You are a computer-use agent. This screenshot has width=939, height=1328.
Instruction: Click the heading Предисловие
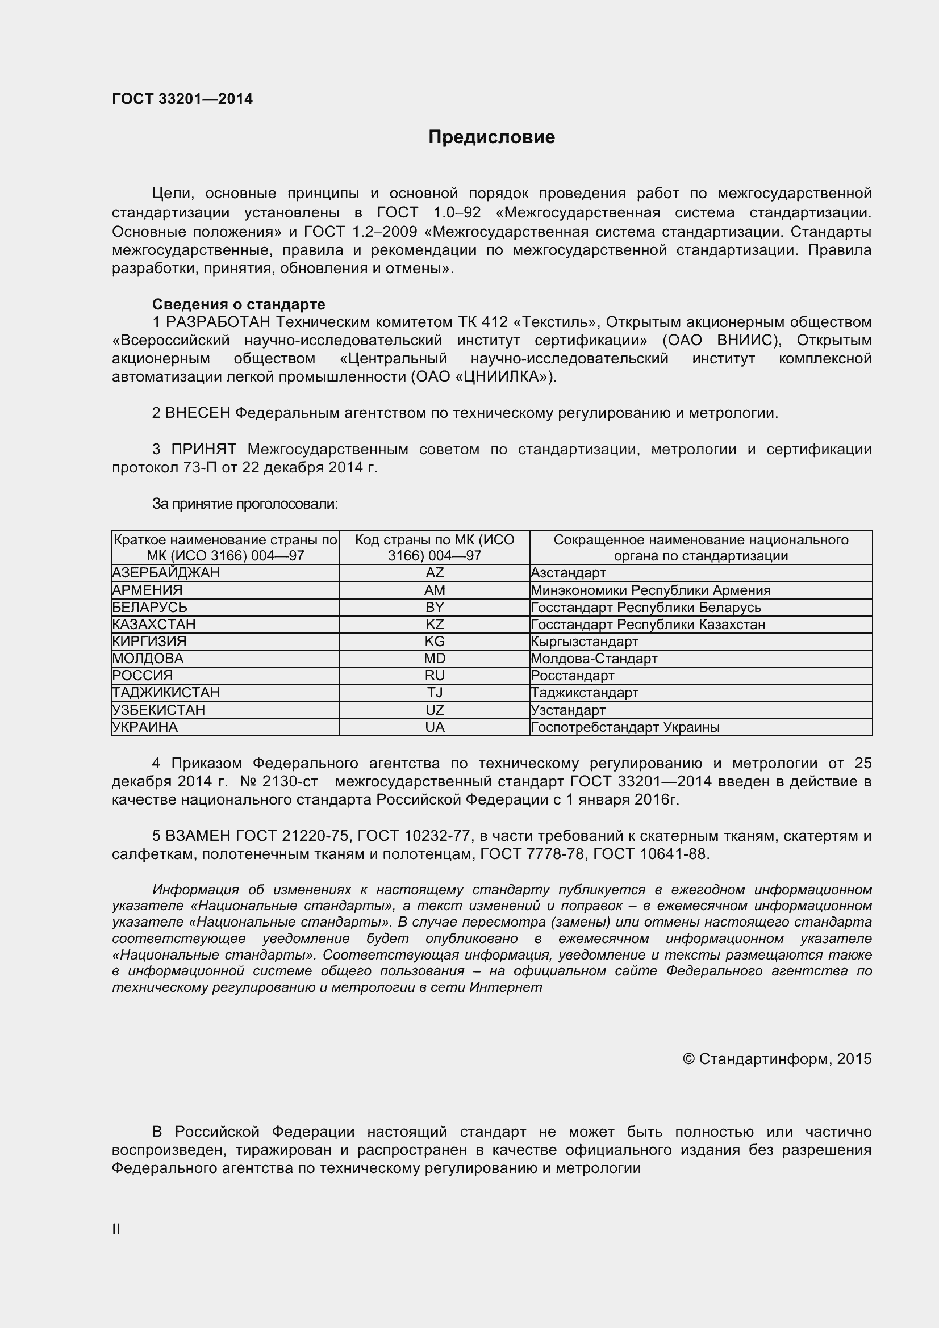[491, 137]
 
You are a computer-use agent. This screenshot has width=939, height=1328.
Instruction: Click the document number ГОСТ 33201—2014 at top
[182, 99]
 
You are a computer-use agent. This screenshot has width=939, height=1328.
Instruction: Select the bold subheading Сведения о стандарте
[239, 304]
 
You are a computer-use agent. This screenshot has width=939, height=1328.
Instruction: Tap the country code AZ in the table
[435, 573]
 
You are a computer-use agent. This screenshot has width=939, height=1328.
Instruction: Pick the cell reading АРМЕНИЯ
[148, 590]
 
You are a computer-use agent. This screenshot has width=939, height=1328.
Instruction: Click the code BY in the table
[435, 607]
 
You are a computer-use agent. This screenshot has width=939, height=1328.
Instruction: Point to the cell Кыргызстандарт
[585, 642]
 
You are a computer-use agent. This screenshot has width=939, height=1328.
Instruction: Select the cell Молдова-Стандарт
[594, 658]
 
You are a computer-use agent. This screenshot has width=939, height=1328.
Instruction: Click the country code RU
[435, 676]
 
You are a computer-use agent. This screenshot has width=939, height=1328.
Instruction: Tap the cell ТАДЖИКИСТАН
[166, 692]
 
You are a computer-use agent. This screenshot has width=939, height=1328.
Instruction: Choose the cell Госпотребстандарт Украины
[625, 727]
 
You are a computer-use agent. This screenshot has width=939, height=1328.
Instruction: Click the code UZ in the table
[435, 710]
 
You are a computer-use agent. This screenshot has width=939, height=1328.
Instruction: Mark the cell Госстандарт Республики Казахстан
[648, 625]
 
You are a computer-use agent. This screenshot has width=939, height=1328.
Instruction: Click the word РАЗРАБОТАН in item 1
[219, 321]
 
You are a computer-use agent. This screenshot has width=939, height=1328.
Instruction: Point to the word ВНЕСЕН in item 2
[198, 413]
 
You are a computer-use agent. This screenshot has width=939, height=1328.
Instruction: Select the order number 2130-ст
[290, 781]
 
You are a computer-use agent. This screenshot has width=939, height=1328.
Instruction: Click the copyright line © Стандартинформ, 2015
[777, 1058]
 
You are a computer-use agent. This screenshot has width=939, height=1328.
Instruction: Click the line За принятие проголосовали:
[245, 504]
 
